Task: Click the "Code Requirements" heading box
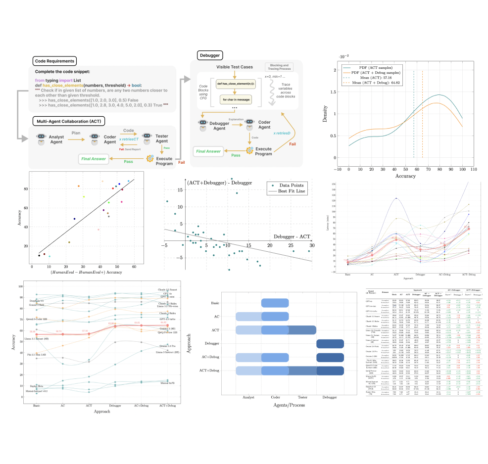pyautogui.click(x=55, y=61)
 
